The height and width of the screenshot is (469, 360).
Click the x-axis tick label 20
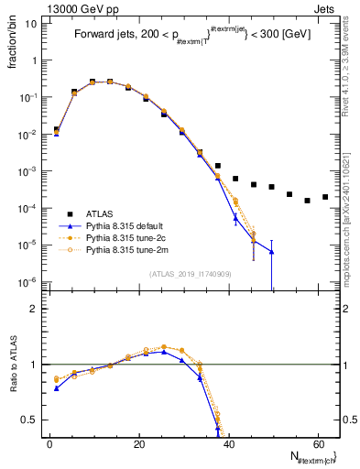(x=138, y=444)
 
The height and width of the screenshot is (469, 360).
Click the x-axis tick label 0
(x=49, y=444)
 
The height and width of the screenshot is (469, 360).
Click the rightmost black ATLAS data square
(x=325, y=197)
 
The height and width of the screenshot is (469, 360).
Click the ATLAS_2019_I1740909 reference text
(x=191, y=273)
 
